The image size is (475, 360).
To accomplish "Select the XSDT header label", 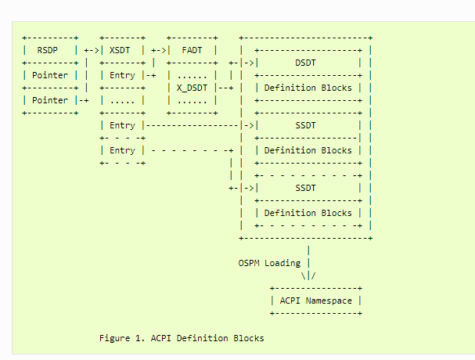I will coord(122,50).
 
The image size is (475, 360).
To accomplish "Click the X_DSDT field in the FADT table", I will coord(193,88).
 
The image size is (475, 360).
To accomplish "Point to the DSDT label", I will coord(306,63).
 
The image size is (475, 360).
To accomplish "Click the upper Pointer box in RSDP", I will coord(49,75).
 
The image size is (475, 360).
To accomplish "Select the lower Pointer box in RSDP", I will coord(49,100).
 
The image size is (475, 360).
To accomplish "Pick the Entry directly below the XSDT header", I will coord(122,75).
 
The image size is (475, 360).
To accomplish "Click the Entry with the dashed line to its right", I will coord(122,150).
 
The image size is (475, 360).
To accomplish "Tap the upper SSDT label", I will coord(306,125).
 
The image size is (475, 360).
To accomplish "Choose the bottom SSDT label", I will coord(306,188).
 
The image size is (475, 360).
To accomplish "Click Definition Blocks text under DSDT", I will coord(308,88).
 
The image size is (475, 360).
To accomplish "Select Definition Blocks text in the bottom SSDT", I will coord(308,213).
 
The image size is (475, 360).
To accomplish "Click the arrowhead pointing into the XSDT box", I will coord(95,50).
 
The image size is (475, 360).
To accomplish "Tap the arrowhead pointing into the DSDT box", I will coord(250,63).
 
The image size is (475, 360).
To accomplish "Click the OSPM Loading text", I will coord(270,263).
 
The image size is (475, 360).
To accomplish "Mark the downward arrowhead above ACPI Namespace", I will coord(308,275).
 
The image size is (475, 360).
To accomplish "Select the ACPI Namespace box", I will coord(315,301).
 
